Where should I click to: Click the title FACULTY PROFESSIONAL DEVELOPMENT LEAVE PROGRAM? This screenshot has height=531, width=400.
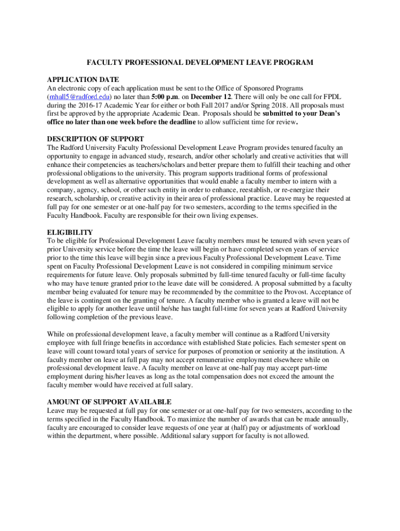click(x=200, y=63)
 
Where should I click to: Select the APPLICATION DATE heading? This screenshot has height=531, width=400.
click(x=83, y=80)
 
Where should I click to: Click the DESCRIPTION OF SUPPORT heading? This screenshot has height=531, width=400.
click(x=96, y=139)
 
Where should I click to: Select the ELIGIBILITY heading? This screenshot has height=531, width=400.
click(x=70, y=232)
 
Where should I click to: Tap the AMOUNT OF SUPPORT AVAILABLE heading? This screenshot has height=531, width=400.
click(x=109, y=402)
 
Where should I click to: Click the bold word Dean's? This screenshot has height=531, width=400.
click(x=327, y=114)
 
